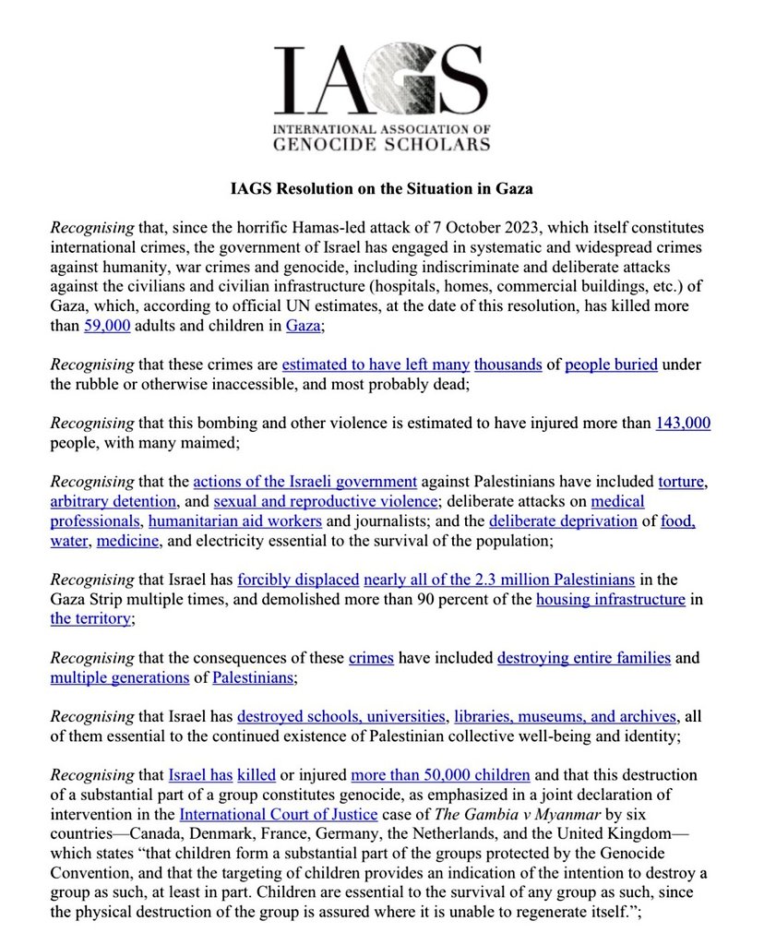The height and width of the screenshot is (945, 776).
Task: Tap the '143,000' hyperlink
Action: (x=682, y=423)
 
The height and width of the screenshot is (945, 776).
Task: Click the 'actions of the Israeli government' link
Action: (x=304, y=481)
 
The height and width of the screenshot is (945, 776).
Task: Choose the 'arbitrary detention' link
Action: (x=113, y=501)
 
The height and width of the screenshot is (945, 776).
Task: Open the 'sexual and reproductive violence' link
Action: (x=326, y=501)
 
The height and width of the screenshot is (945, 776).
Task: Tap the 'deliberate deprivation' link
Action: (x=563, y=521)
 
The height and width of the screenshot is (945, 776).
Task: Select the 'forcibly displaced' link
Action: (x=298, y=580)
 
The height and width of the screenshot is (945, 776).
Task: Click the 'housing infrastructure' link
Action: (x=610, y=600)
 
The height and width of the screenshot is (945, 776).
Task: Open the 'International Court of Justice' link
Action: (x=278, y=814)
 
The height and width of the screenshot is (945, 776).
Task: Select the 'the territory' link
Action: (x=90, y=619)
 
